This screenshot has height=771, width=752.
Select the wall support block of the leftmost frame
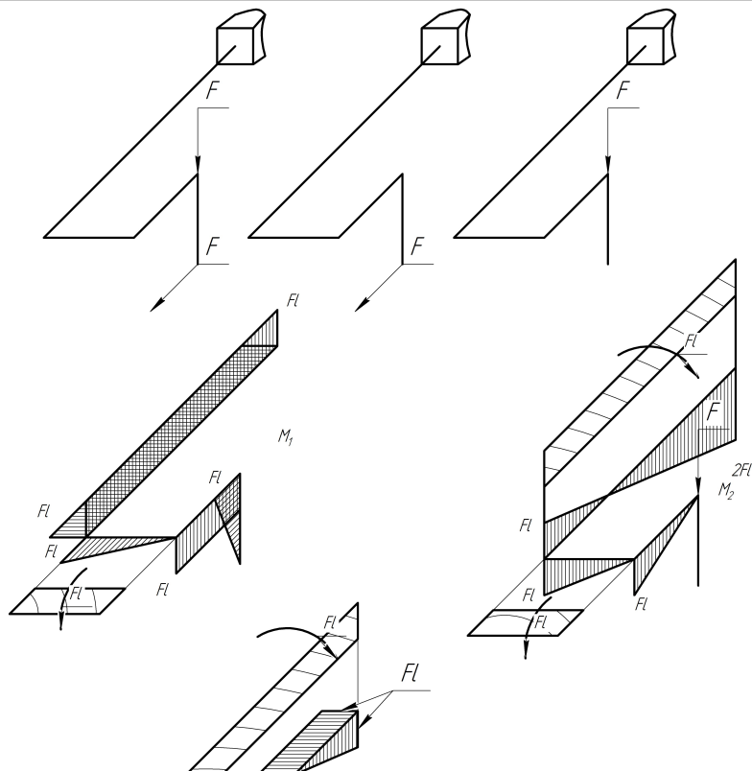point(237,41)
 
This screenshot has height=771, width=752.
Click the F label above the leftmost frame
point(214,92)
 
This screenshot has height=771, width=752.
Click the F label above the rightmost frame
point(624,92)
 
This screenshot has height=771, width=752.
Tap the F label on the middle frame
point(417,246)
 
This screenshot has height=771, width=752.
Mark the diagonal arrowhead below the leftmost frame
point(157,305)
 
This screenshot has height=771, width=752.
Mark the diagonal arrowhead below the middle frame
point(363,305)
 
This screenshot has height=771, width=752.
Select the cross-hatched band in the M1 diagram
point(173,422)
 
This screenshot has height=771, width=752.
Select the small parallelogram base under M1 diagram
point(67,600)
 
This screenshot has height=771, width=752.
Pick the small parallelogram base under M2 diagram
point(525,622)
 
